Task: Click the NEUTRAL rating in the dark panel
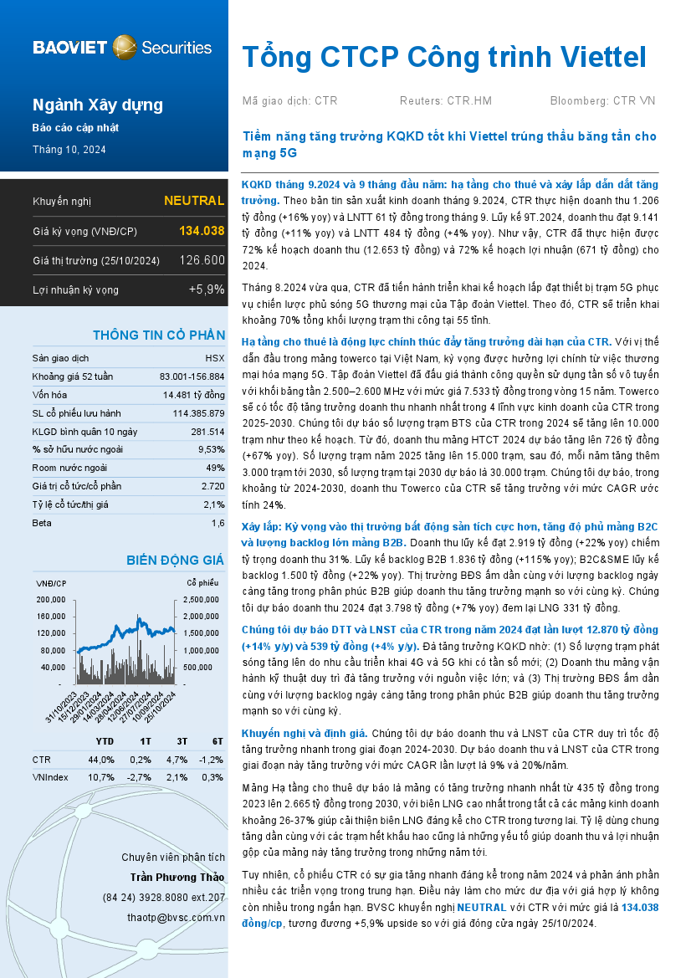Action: click(193, 201)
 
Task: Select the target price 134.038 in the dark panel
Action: click(202, 231)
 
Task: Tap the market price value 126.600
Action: click(202, 260)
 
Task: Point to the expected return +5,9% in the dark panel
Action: click(207, 289)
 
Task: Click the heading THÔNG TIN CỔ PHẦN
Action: click(158, 335)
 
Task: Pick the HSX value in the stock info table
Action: click(214, 357)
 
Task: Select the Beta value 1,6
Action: click(218, 523)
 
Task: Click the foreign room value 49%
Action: click(215, 468)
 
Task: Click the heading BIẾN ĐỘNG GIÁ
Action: click(175, 560)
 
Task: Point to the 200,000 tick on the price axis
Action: click(50, 600)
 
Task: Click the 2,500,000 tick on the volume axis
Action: click(202, 600)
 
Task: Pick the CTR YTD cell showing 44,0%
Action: click(101, 760)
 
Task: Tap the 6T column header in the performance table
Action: click(216, 741)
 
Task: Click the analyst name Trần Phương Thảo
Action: click(177, 877)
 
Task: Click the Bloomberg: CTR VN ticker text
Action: click(602, 101)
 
